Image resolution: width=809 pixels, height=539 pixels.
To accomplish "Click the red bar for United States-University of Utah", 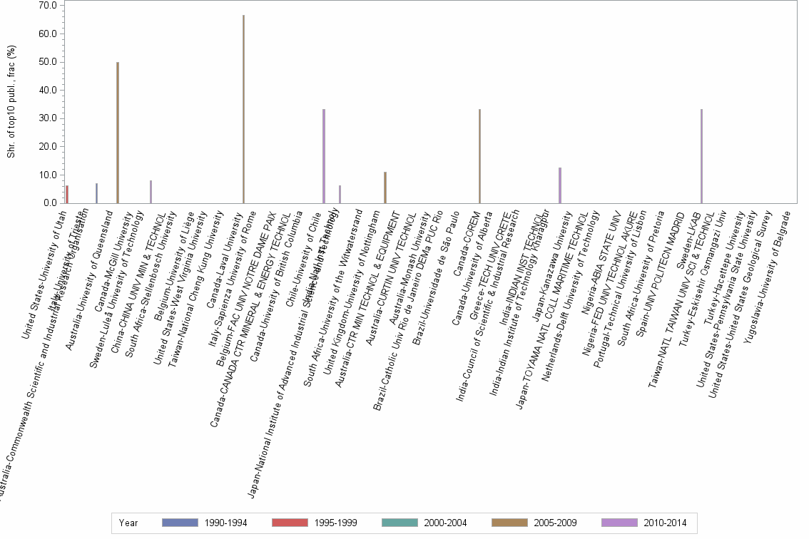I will coord(67,195).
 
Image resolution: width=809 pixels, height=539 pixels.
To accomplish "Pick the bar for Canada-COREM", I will coord(479,156).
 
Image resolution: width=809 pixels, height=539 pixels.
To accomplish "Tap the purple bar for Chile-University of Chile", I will coord(324,156).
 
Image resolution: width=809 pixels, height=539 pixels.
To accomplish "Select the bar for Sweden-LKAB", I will coord(702,156).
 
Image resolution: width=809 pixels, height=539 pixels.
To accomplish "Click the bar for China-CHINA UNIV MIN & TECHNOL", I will coord(151,192).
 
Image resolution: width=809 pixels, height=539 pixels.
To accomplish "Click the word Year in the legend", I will coord(129,523).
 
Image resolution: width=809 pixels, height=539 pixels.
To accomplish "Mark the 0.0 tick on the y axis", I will coord(50,203).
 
